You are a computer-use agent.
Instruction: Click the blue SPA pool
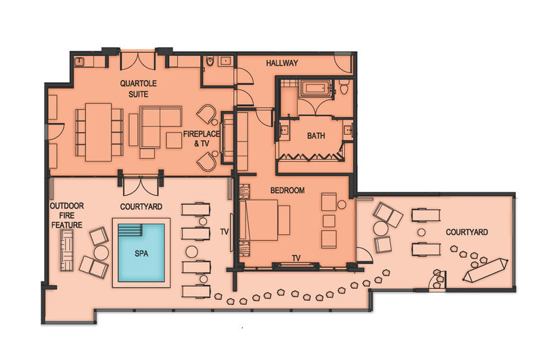click(141, 252)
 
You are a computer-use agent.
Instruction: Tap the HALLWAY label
click(282, 63)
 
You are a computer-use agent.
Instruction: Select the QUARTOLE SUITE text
click(139, 89)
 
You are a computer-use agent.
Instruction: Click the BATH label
click(316, 135)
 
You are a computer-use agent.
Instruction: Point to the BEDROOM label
click(287, 190)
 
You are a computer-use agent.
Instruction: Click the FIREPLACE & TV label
click(202, 139)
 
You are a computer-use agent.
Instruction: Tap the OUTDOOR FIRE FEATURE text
click(67, 215)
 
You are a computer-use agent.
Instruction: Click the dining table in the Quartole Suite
click(98, 132)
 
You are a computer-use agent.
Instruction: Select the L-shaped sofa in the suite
click(160, 127)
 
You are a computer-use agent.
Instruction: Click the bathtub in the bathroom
click(315, 88)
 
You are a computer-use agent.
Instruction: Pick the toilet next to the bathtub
click(344, 87)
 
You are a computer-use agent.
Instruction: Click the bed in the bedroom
click(264, 220)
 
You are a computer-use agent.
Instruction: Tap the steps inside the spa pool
click(130, 229)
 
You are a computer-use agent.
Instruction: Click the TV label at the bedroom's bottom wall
click(296, 258)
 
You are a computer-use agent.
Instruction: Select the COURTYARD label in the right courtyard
click(467, 232)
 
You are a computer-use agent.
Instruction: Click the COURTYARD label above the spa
click(141, 207)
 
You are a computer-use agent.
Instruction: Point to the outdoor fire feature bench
click(67, 250)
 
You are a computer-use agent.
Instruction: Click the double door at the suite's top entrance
click(138, 62)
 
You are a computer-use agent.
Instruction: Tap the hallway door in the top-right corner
click(344, 63)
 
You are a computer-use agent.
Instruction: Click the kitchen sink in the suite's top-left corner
click(80, 62)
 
